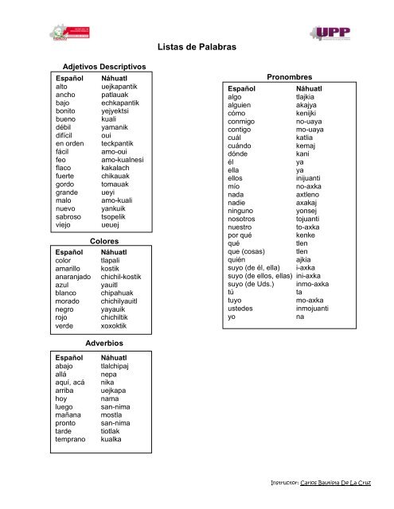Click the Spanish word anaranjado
pos(72,277)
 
